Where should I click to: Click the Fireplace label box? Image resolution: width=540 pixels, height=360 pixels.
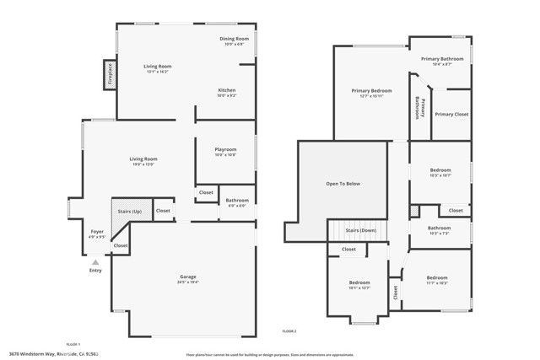click(109, 75)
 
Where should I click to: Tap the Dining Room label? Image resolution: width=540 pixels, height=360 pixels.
click(234, 39)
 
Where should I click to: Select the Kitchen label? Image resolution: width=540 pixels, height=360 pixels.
click(227, 90)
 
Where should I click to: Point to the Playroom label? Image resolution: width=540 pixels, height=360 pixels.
click(224, 149)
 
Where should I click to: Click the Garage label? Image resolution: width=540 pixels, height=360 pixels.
click(187, 277)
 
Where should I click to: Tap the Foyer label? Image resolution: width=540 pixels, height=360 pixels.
click(97, 231)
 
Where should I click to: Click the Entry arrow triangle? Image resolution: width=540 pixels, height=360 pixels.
click(95, 262)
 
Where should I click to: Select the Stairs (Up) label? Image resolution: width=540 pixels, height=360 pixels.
click(130, 210)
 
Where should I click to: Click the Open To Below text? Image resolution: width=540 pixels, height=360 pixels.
click(343, 184)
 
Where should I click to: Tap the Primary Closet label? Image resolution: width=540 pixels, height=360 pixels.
click(451, 114)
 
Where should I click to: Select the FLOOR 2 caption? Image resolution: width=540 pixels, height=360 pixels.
click(289, 330)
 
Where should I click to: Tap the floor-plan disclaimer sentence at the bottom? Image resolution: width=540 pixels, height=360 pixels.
click(268, 354)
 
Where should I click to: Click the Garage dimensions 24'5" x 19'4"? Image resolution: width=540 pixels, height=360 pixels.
click(187, 282)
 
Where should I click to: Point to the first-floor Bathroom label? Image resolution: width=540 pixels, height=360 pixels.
click(237, 200)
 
